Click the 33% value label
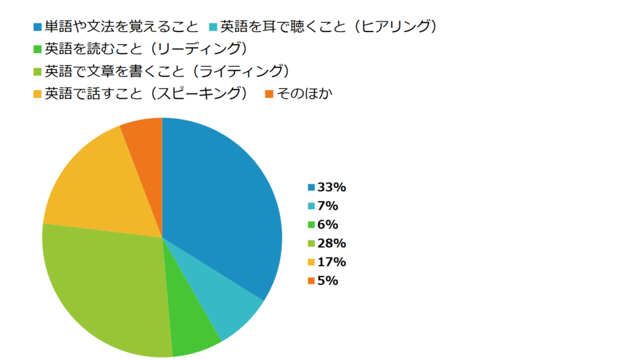click(x=331, y=187)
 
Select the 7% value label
click(x=328, y=206)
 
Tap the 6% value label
click(x=328, y=224)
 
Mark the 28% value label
click(x=331, y=243)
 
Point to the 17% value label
click(x=331, y=262)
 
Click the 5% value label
click(x=328, y=281)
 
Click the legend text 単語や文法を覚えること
click(x=122, y=27)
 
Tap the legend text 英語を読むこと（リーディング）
click(x=146, y=49)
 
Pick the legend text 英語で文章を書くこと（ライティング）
click(x=166, y=71)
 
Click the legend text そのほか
click(x=304, y=94)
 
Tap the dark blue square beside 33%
click(x=311, y=188)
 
